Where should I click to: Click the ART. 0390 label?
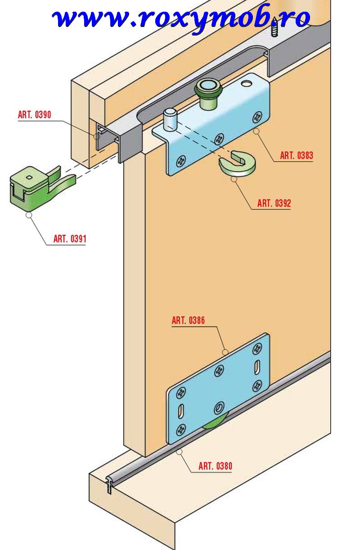coord(34,115)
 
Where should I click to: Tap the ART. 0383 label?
coord(297,155)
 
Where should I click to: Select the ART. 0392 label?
coord(274,203)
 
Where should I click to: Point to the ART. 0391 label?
coord(70,239)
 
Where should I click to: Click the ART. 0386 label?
coord(188,320)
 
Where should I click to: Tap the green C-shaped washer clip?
coord(237,164)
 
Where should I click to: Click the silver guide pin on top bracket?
coord(170,120)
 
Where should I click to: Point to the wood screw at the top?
coord(274,28)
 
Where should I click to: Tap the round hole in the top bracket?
coord(246,84)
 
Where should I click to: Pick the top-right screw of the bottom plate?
coord(257,348)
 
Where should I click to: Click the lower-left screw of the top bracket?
coord(181,162)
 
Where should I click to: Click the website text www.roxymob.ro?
coord(181,19)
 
